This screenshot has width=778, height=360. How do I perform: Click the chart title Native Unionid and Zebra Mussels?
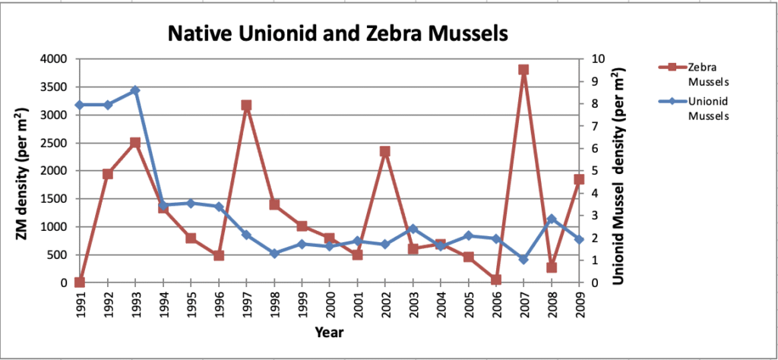[x=337, y=34]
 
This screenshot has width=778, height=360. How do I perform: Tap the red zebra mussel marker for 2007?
[x=523, y=70]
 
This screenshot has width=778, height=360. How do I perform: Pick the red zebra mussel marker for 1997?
[x=246, y=106]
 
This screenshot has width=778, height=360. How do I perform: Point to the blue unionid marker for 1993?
[x=135, y=90]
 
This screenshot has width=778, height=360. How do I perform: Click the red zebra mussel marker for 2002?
[x=385, y=152]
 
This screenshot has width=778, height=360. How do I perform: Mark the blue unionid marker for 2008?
[x=552, y=219]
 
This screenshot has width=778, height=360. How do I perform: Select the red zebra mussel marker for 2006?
[x=496, y=280]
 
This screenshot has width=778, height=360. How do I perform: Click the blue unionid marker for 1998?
[x=274, y=254]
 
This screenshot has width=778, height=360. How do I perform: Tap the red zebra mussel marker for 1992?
[x=108, y=174]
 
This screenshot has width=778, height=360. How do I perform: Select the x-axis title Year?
[x=329, y=333]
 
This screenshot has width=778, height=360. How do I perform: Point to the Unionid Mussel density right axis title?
[x=619, y=171]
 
